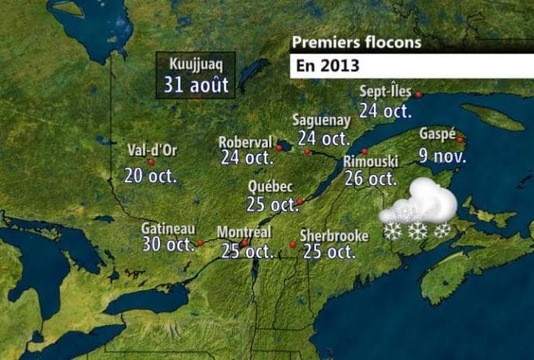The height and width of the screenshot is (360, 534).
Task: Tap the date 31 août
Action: pyautogui.click(x=196, y=84)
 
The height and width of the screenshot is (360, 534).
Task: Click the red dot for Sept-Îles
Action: pyautogui.click(x=419, y=94)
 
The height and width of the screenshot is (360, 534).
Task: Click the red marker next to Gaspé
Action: pyautogui.click(x=460, y=139)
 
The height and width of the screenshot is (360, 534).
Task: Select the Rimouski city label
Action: pyautogui.click(x=370, y=162)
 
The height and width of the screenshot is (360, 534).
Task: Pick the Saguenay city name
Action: pyautogui.click(x=321, y=121)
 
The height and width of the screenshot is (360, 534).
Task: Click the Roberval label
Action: pyautogui.click(x=245, y=142)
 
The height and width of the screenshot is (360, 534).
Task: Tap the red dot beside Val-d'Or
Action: pyautogui.click(x=151, y=162)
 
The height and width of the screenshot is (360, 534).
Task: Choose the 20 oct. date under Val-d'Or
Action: pyautogui.click(x=150, y=176)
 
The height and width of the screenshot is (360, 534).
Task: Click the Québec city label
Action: pyautogui.click(x=270, y=187)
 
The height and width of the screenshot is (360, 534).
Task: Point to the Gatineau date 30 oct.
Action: pyautogui.click(x=168, y=245)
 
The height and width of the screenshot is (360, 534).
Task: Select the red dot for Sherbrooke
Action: pyautogui.click(x=293, y=245)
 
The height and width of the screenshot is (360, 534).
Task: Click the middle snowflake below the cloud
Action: pyautogui.click(x=418, y=231)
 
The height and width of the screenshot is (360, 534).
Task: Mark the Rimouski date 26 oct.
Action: pyautogui.click(x=371, y=178)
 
